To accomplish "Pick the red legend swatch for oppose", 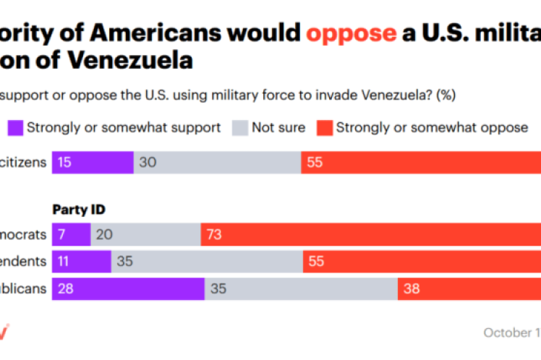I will pos(323,127).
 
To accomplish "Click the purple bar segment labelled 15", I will pos(93,163).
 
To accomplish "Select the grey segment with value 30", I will pos(217,163).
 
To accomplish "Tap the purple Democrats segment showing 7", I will pos(71,234).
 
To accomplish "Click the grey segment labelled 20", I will pos(145,234).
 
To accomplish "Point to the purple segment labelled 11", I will pos(81,261).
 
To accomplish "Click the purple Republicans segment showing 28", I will pos(128,288).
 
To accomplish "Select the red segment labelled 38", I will pos(469,288).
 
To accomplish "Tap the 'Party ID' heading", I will pos(80,210).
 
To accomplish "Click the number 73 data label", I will pos(215,234).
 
